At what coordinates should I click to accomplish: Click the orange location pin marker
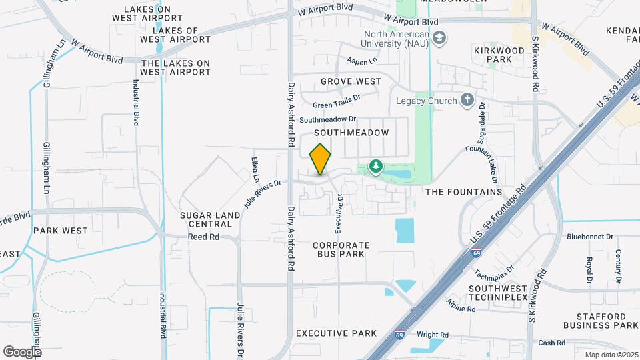[321, 159]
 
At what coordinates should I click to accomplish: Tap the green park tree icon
[375, 167]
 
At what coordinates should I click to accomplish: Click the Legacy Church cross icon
[467, 101]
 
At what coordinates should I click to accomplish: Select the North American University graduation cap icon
[439, 39]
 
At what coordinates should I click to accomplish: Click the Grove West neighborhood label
[351, 81]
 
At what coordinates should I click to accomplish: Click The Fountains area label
[463, 192]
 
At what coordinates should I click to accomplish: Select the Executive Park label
[336, 333]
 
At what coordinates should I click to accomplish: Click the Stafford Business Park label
[601, 320]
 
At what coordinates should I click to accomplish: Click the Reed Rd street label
[203, 237]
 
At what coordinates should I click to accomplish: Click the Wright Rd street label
[433, 335]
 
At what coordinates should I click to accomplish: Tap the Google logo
[22, 351]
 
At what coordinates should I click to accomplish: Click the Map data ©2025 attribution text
[611, 355]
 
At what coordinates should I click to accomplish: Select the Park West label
[60, 231]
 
